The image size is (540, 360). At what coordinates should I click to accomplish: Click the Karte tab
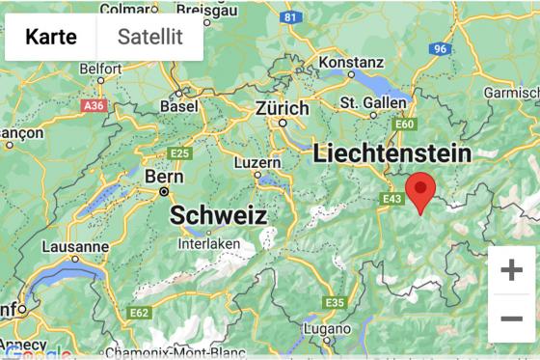[x=51, y=38]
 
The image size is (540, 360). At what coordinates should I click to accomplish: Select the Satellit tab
[x=149, y=38]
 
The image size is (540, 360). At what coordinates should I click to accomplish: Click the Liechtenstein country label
[x=391, y=153]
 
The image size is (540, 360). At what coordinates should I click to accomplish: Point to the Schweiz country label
[x=218, y=216]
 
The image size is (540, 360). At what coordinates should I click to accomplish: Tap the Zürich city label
[x=283, y=109]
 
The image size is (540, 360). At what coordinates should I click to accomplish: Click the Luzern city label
[x=257, y=161]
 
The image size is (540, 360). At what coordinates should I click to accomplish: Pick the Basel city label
[x=178, y=106]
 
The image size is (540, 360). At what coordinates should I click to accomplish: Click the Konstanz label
[x=351, y=61]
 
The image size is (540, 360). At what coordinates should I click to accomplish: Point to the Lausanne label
[x=75, y=246]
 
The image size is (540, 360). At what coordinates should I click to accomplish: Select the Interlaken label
[x=208, y=244]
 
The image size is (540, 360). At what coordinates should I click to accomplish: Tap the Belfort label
[x=101, y=69]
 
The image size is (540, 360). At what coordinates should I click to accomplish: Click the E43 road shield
[x=391, y=199]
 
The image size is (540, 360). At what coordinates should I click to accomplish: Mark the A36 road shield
[x=94, y=106]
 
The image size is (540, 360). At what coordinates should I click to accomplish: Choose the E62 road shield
[x=140, y=312]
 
